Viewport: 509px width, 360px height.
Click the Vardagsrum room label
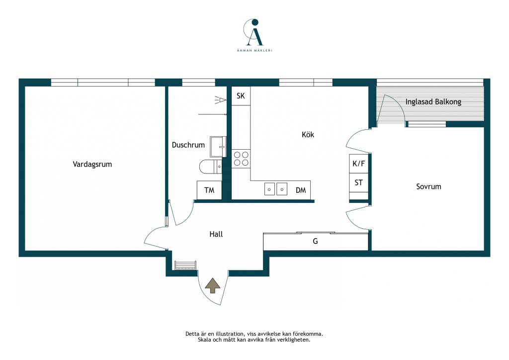coord(92,164)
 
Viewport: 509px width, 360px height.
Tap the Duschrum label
coord(188,145)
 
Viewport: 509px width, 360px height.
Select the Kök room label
coord(308,134)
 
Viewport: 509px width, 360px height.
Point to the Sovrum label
coord(428,186)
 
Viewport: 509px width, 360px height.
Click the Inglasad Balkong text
coord(433,102)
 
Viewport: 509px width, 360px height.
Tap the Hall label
coord(216,234)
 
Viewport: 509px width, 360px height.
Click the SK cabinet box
coord(241,95)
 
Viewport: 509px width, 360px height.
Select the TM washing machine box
coord(209,190)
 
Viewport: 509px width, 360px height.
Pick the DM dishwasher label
coord(301,190)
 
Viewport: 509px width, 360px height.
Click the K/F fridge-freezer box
coord(359,164)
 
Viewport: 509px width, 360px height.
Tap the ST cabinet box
coord(359,183)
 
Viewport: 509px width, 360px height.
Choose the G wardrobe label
coord(315,241)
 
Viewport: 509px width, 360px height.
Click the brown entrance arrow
coord(213,285)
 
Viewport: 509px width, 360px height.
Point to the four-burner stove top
coord(241,159)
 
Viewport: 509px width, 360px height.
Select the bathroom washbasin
coord(218,147)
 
